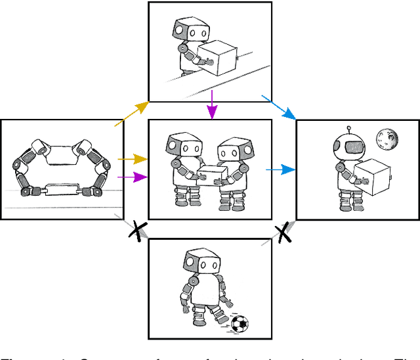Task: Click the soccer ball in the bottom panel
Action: [x=240, y=323]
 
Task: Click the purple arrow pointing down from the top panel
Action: [x=211, y=106]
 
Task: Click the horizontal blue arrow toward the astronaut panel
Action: [x=280, y=169]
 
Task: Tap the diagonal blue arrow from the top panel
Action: [x=280, y=108]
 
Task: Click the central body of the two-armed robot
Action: [x=64, y=155]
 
